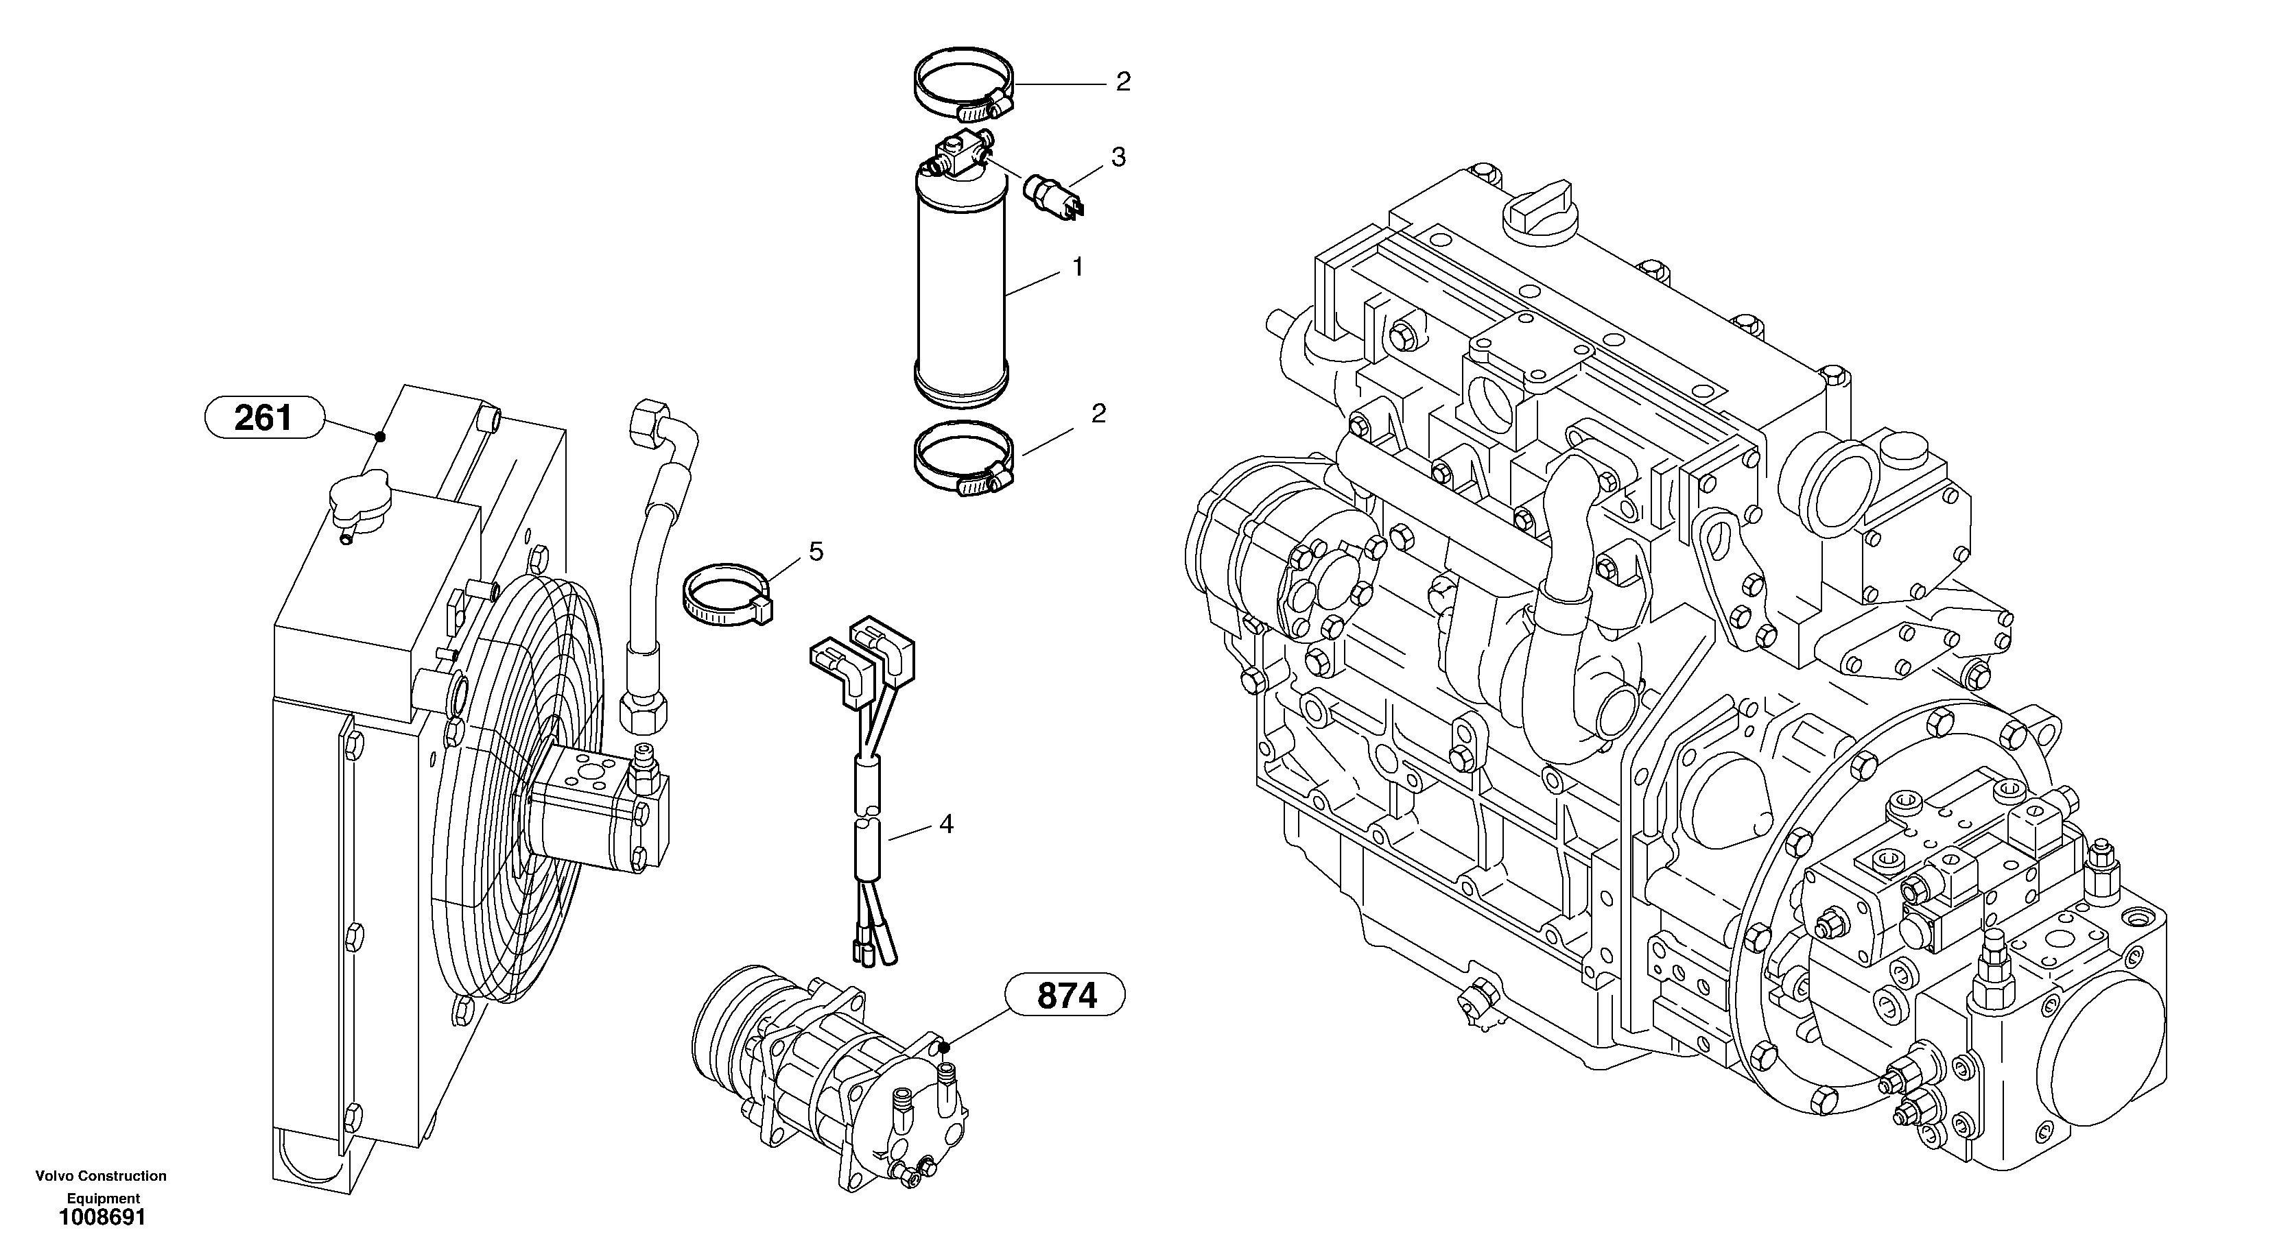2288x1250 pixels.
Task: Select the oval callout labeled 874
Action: pos(1066,996)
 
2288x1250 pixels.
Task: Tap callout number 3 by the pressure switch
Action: pos(1118,157)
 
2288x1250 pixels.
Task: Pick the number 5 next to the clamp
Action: pos(815,552)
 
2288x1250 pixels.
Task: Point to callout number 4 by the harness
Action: pos(946,825)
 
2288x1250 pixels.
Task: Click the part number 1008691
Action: pos(102,1218)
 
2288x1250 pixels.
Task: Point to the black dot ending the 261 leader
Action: pos(380,436)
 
